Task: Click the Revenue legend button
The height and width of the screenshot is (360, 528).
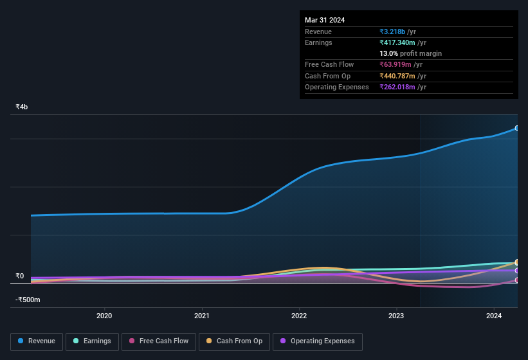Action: (37, 341)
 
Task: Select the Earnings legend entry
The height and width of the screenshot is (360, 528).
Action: (92, 341)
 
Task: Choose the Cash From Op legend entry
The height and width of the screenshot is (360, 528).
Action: (234, 341)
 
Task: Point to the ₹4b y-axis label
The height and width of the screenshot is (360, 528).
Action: (22, 107)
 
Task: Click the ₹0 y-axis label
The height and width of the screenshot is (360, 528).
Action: (20, 276)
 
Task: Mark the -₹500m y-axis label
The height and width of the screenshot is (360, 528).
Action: (28, 300)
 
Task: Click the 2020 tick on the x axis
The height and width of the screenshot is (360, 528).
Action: (104, 316)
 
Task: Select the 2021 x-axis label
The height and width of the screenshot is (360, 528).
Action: (202, 316)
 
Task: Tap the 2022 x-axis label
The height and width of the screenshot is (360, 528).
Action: (299, 316)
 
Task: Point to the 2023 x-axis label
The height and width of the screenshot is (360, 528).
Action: (396, 316)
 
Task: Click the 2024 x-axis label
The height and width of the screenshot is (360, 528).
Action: (494, 316)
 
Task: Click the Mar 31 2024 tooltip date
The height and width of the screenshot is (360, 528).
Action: (325, 20)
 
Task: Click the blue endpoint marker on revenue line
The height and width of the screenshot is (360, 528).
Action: (517, 129)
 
